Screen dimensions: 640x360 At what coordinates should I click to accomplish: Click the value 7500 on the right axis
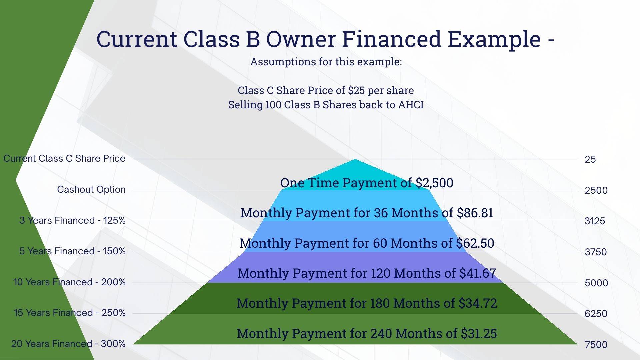click(x=596, y=344)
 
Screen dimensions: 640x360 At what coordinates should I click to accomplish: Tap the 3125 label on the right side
click(x=595, y=221)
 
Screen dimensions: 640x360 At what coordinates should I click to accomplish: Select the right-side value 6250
click(x=596, y=314)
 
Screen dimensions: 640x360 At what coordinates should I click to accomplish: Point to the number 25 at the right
click(x=590, y=159)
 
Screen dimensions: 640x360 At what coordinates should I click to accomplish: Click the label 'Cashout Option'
click(x=91, y=189)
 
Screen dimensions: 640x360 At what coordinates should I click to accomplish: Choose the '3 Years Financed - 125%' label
click(x=72, y=220)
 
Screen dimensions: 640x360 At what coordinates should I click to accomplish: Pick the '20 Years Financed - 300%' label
click(x=68, y=344)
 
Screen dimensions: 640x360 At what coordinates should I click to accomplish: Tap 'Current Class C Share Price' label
click(x=64, y=158)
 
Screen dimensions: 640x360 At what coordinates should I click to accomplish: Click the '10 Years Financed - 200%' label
click(x=69, y=282)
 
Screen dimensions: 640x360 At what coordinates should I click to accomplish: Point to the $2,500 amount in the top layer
click(x=434, y=183)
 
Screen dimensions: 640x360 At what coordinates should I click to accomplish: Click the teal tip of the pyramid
click(x=355, y=160)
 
